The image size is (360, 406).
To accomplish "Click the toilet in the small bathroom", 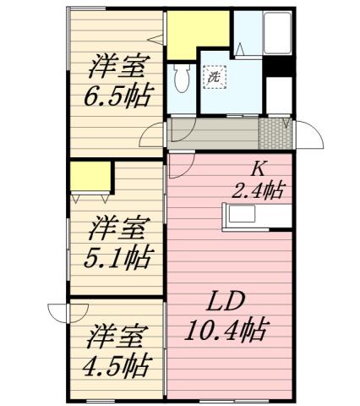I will [x=180, y=80].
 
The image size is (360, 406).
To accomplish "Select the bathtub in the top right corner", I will [x=276, y=34].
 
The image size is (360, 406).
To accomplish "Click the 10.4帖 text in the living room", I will [x=226, y=330].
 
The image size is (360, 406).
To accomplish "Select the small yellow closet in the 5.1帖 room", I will [x=91, y=176].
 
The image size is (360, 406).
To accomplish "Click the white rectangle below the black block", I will [x=277, y=93].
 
